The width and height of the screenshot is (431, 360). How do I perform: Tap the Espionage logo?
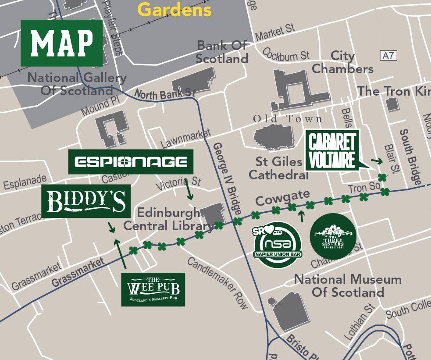click(131, 162)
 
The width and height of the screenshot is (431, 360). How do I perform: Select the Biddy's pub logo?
click(86, 201)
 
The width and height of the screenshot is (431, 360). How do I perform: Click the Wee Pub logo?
click(153, 289)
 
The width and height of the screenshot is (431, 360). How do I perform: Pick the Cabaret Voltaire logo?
click(332, 150)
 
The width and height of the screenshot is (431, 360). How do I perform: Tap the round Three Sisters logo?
click(333, 236)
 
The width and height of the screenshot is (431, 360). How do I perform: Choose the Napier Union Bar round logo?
click(278, 245)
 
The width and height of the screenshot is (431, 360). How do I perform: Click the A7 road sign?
click(388, 55)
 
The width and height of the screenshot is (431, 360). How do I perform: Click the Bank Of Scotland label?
click(222, 52)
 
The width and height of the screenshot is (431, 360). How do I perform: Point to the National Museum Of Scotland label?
click(348, 285)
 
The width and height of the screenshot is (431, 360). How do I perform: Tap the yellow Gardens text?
click(175, 9)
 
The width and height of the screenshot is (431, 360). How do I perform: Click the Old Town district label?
click(287, 119)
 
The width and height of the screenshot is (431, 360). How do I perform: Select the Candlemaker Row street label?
click(217, 283)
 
